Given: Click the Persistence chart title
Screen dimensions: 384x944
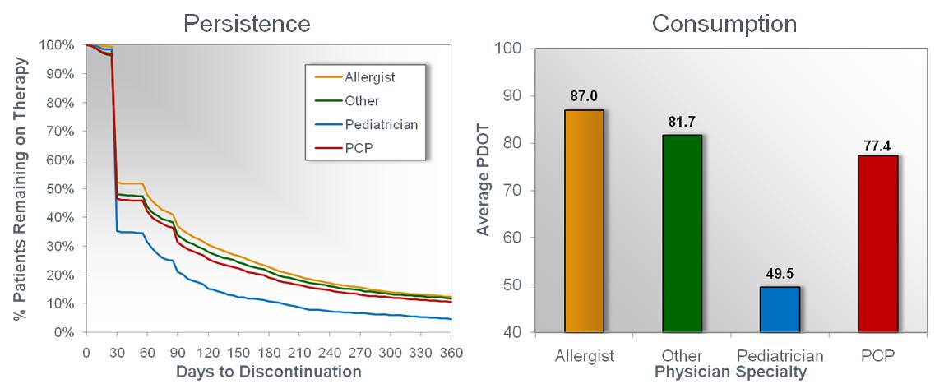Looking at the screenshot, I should pos(246,23).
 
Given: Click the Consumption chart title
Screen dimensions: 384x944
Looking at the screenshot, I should pos(724,23).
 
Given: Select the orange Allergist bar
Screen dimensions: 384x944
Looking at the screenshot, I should pos(585,220).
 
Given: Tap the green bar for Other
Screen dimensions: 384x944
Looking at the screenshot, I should pos(682,233).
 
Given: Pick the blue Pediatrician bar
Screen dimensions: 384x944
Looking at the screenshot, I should pos(779,309).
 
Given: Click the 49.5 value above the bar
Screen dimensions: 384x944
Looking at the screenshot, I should pos(779,273).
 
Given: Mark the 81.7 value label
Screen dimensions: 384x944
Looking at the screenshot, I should pos(682,121).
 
